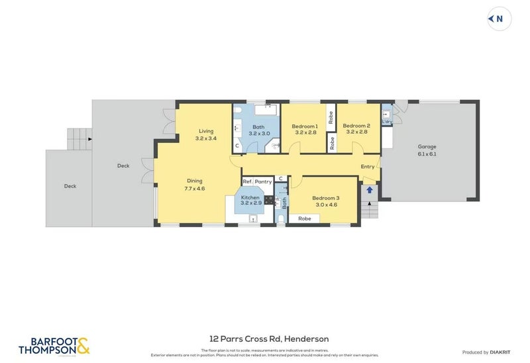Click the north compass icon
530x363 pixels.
coord(499,19)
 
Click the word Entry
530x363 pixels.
coord(367,167)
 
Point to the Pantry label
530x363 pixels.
coord(264,181)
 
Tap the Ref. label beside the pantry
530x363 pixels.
coord(247,181)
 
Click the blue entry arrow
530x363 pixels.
coord(370,190)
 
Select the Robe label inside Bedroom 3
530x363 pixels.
coord(304,219)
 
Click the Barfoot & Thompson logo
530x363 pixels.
coord(54,345)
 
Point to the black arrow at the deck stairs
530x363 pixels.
coord(89,139)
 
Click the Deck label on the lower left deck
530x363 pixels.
coord(70,186)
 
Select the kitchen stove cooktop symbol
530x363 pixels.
coord(269,199)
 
